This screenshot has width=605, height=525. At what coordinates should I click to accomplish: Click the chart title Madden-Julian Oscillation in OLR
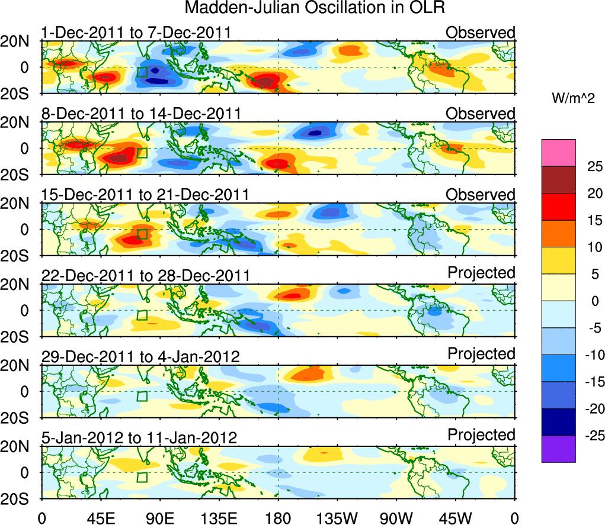point(315,8)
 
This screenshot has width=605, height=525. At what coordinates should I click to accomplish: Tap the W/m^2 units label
point(574,99)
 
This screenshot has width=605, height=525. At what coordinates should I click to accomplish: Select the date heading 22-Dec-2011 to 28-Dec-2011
point(145,275)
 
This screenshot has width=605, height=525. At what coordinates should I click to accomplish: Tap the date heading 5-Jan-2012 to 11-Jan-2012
point(139,438)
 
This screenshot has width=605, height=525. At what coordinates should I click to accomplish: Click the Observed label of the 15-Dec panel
point(481,195)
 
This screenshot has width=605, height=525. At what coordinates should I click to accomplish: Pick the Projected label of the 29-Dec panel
point(482,354)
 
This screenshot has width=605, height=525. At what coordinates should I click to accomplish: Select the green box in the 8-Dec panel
point(142,153)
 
